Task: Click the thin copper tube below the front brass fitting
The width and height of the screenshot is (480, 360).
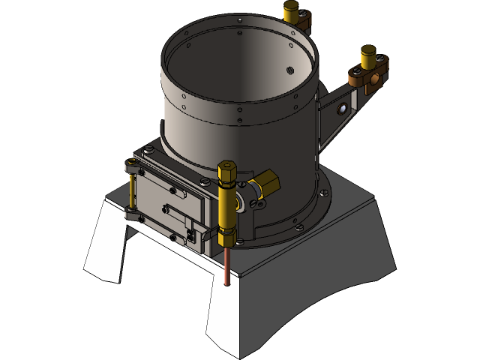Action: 227,266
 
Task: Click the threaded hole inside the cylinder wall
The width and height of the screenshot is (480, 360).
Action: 289,70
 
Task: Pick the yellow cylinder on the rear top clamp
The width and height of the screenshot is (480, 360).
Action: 292,9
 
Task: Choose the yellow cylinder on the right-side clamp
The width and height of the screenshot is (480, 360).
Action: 368,56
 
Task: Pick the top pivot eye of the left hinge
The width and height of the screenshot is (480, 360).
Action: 133,170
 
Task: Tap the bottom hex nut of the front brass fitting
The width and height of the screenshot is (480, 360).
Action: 227,238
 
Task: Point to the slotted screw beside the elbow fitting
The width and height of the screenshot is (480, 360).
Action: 240,203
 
